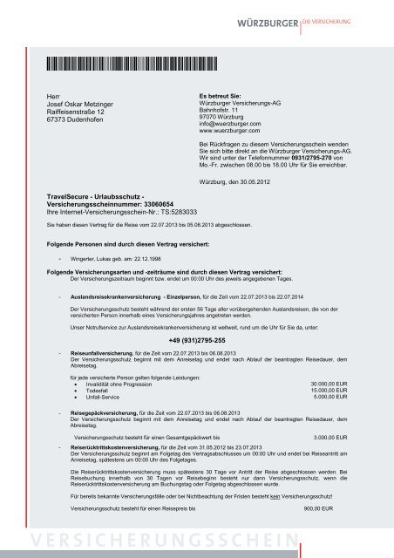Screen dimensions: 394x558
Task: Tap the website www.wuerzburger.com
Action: click(x=232, y=132)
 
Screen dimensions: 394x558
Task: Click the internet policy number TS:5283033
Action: click(x=172, y=212)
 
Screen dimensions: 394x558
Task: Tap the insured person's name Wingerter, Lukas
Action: click(x=91, y=259)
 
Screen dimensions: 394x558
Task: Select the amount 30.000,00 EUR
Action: click(x=329, y=384)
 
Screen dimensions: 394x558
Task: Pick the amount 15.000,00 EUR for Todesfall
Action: click(x=329, y=391)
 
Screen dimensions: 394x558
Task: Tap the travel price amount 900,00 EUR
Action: click(x=335, y=507)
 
